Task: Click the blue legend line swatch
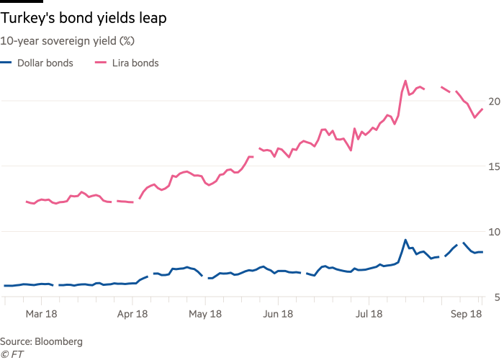[x=6, y=63]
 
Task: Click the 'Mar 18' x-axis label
[x=40, y=314]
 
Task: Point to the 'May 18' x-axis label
[x=206, y=314]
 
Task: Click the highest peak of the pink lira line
[x=406, y=81]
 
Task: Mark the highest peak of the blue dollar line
[x=405, y=240]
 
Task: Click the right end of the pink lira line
[x=482, y=109]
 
